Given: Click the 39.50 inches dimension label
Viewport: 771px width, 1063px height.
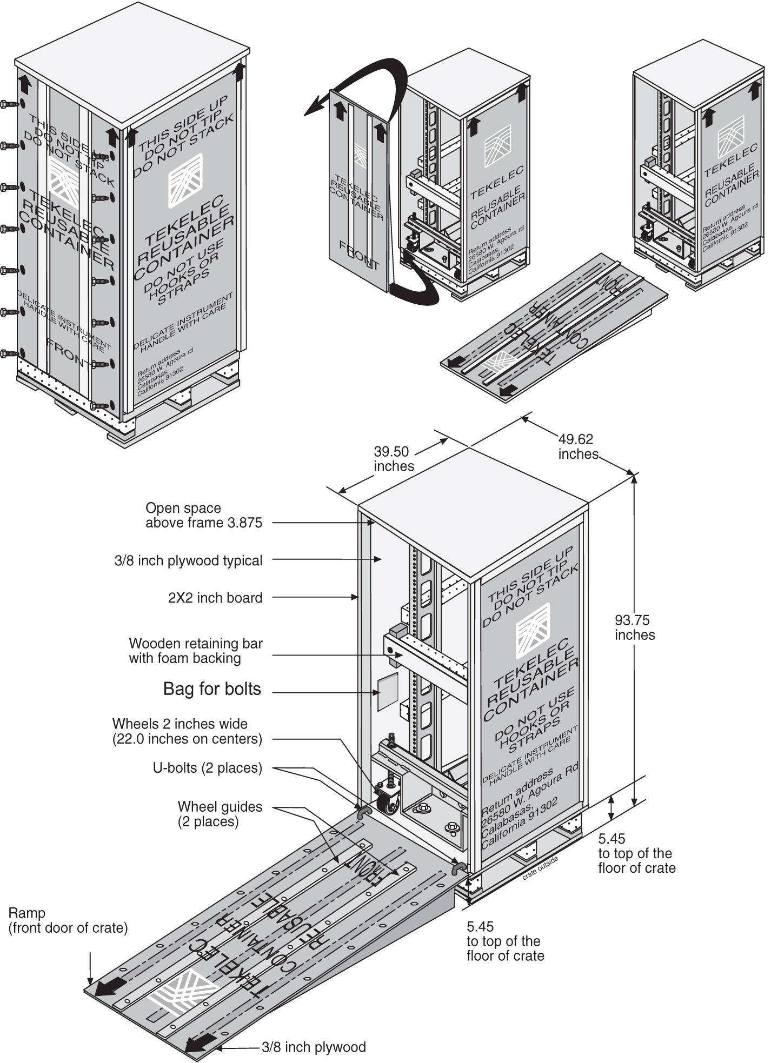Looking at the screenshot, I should pos(393,458).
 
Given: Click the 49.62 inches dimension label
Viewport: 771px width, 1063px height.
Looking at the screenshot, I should pos(577,446).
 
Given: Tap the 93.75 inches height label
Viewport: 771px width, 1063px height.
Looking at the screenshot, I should pos(634,627).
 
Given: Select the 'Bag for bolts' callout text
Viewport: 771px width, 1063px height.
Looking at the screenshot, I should pos(212,689).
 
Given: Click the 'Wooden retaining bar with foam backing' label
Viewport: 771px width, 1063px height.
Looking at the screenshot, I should pos(195,651).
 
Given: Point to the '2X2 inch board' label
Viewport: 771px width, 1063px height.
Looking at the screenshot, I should pos(215,598).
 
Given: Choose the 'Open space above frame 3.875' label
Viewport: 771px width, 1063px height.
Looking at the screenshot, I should pos(203,515).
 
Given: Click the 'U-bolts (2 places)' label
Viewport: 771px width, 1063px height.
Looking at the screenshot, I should pos(207,768).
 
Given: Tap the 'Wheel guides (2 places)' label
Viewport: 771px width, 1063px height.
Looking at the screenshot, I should pos(220,814).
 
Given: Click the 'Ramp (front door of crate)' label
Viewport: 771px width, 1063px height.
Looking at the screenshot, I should pos(68,920).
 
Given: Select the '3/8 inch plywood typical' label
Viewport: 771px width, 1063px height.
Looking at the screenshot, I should pos(188,560).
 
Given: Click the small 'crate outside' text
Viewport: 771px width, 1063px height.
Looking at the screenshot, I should pos(540,868).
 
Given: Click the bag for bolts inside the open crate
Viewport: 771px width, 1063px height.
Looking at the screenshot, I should pos(387,691).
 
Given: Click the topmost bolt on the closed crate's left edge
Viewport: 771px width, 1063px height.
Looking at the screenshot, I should pos(9,103).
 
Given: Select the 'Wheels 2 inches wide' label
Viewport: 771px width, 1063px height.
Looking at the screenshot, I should pos(187,731).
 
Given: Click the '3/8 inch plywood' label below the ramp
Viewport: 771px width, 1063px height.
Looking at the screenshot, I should pos(314,1047).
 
